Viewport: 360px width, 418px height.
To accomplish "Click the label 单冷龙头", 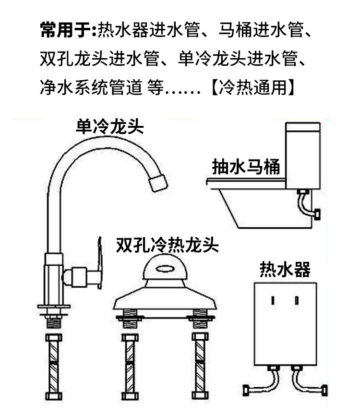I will point(110,127).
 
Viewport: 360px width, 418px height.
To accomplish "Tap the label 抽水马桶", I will point(246,167).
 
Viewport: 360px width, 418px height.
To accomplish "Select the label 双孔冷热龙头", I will point(167,245).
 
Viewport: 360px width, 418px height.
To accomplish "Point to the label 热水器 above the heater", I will point(285,269).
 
